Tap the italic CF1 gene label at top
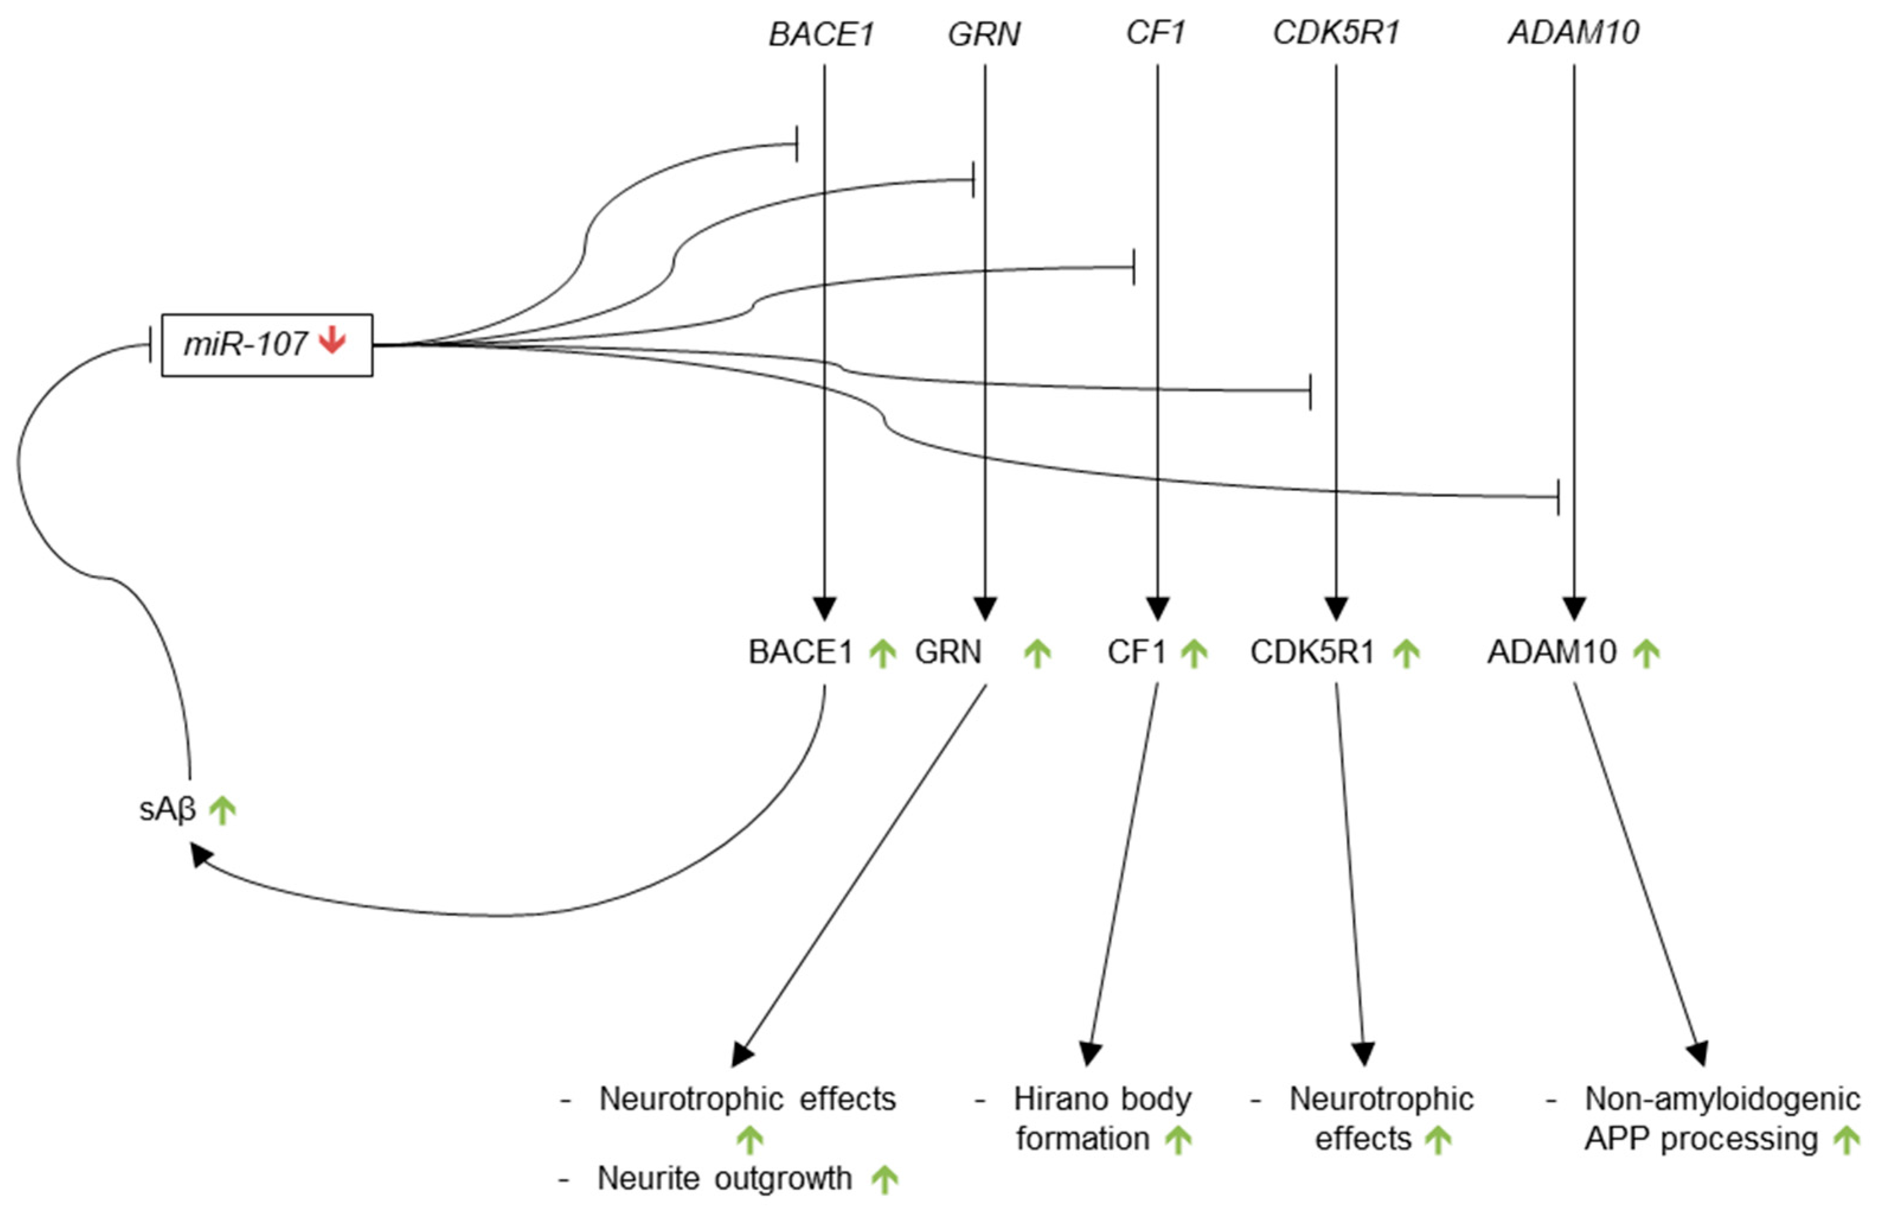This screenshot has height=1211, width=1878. [x=1155, y=32]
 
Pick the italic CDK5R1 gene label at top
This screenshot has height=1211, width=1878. [x=1336, y=32]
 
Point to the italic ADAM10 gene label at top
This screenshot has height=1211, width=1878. [x=1573, y=32]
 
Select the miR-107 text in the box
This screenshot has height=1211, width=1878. [x=245, y=344]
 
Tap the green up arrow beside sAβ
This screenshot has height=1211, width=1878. [x=223, y=809]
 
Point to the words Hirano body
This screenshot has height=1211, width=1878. [x=1102, y=1098]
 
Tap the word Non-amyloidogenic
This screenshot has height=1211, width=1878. [x=1722, y=1098]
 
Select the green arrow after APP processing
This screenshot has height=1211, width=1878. [x=1846, y=1139]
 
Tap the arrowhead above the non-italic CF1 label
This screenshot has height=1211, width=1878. [x=1157, y=608]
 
